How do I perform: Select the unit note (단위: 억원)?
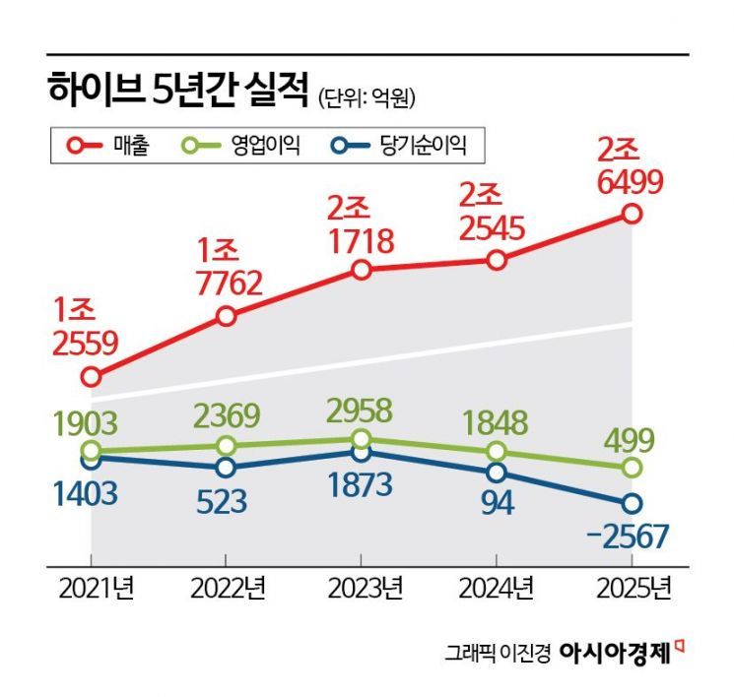pyautogui.click(x=367, y=96)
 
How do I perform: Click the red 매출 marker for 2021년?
pyautogui.click(x=92, y=376)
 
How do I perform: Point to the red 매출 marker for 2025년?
pyautogui.click(x=632, y=214)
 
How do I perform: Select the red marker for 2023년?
pyautogui.click(x=362, y=270)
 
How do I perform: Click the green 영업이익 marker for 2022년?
pyautogui.click(x=227, y=446)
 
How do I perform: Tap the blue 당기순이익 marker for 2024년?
pyautogui.click(x=497, y=471)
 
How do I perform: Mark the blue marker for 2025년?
pyautogui.click(x=632, y=503)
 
